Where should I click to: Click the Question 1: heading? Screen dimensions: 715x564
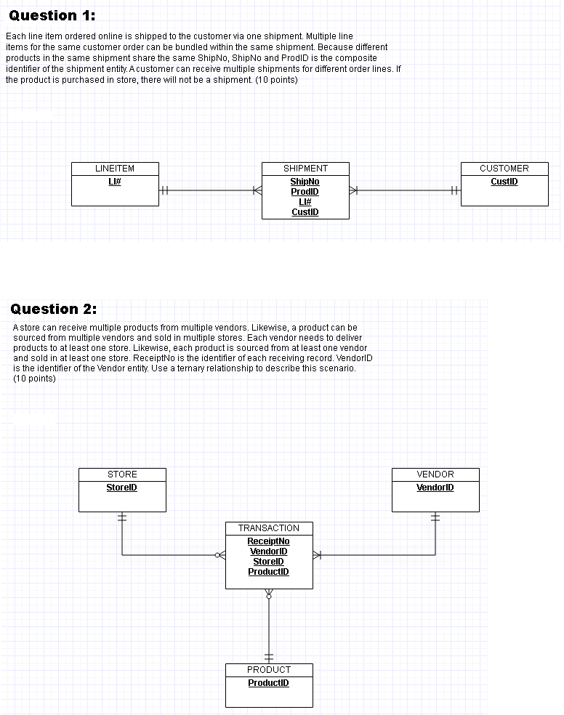click(x=52, y=15)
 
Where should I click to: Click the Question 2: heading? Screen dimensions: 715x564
click(x=54, y=309)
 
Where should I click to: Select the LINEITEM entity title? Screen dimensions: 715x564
click(x=115, y=169)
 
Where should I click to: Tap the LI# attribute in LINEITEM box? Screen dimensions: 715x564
click(x=115, y=182)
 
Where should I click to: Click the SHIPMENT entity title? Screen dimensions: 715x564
click(x=305, y=169)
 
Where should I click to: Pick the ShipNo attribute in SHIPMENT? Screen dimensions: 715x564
click(x=305, y=182)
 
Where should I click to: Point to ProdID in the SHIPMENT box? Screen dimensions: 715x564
click(x=305, y=192)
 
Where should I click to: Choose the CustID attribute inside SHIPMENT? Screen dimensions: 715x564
click(x=305, y=212)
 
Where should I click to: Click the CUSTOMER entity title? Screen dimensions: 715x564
click(x=504, y=169)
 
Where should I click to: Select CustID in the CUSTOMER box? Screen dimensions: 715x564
click(x=504, y=182)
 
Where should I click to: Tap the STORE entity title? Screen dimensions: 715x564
click(x=122, y=474)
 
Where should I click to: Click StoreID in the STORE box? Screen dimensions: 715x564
click(x=122, y=488)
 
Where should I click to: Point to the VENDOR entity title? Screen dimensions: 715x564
click(x=435, y=474)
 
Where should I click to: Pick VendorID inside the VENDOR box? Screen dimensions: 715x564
click(x=435, y=488)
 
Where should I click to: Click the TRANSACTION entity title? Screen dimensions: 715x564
click(x=269, y=528)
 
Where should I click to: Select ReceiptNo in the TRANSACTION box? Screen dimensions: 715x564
click(x=268, y=541)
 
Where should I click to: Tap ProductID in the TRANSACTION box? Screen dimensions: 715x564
click(x=268, y=572)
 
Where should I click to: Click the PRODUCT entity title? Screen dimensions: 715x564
click(x=269, y=670)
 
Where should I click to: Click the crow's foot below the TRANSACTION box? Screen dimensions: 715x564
click(x=269, y=593)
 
